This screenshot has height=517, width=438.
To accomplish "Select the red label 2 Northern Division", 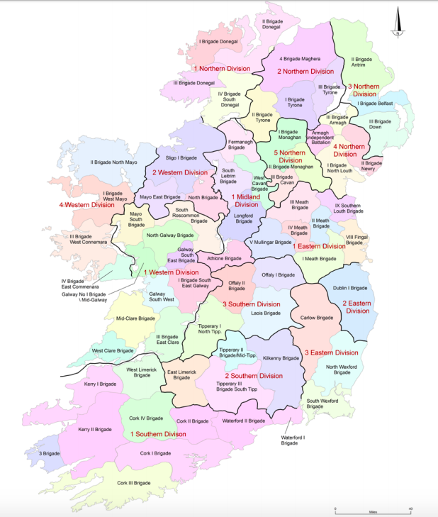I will (305, 72).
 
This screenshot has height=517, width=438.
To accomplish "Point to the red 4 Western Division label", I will (86, 206).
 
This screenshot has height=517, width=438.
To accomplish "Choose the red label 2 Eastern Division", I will (356, 307).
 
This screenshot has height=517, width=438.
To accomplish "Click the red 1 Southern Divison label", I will (157, 433).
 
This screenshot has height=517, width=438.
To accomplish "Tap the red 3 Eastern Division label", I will (331, 352).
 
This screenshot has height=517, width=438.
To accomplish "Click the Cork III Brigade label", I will (134, 483).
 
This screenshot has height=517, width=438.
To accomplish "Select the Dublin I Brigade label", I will (351, 288).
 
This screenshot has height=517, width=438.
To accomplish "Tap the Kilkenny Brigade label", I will (281, 358).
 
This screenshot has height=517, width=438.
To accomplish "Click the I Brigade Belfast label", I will (376, 104).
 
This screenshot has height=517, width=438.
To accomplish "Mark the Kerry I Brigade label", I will (100, 384).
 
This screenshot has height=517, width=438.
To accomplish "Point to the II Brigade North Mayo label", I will (113, 162).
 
